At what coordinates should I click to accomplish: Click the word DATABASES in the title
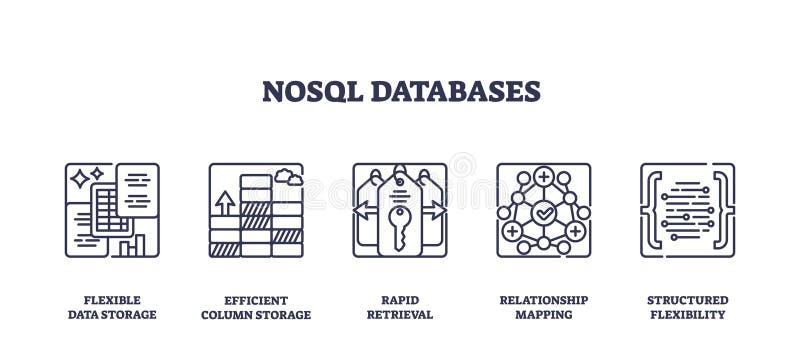455,91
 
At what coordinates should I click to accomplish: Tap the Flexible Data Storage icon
112,210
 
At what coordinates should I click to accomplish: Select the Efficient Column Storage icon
256,210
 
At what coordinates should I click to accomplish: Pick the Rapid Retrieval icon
400,210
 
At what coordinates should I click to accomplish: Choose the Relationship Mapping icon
543,210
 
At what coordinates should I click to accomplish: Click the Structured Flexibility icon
687,210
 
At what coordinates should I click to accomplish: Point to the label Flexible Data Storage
112,307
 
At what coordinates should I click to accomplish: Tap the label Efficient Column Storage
256,307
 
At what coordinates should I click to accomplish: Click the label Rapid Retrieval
400,307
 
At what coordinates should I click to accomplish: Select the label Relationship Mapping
543,307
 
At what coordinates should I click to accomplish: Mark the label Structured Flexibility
687,307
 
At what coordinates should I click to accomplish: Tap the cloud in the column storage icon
288,177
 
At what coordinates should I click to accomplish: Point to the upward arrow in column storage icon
225,203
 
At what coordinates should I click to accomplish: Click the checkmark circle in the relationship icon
543,212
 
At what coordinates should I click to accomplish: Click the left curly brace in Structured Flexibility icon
652,210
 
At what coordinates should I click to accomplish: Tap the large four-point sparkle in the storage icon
79,180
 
